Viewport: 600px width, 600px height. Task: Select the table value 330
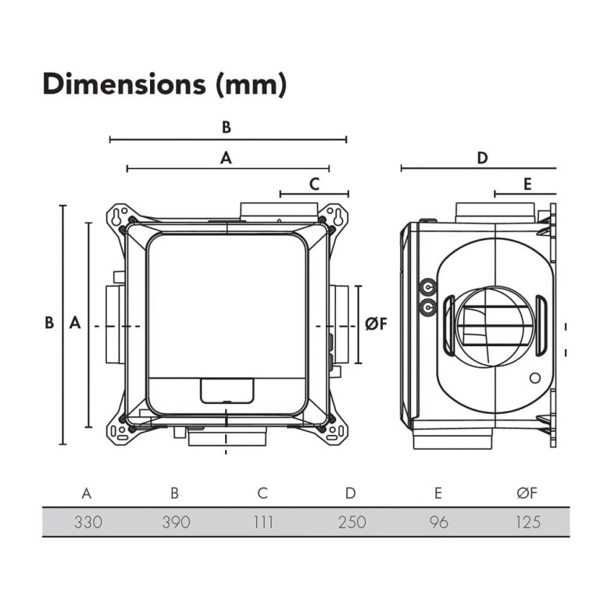pos(87,522)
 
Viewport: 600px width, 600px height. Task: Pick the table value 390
pos(175,522)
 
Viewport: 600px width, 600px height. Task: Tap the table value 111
pos(263,522)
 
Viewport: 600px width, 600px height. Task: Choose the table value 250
pos(351,522)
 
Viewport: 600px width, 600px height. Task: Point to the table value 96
pos(439,522)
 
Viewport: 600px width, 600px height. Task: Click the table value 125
pos(527,522)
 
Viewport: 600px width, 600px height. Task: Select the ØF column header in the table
pos(527,493)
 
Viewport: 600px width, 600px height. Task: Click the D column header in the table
pos(351,493)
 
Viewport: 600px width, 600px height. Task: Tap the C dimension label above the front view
pos(314,184)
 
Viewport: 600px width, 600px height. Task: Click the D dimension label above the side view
pos(482,158)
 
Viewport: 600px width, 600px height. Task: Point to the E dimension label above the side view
pos(527,184)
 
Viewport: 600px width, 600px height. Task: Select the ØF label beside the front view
pos(376,323)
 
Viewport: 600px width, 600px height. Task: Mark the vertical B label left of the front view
pos(48,323)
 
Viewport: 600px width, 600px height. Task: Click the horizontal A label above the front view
pos(227,158)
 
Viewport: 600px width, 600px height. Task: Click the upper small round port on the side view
pos(427,287)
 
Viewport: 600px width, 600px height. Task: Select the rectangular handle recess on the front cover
pos(227,389)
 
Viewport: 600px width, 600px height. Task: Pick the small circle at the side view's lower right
pos(534,379)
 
